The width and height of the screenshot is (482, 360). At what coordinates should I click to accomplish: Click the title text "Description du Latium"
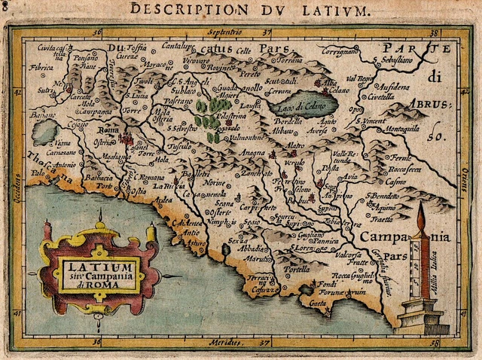coord(250,10)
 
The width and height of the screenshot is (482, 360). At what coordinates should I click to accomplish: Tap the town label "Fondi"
coord(325,284)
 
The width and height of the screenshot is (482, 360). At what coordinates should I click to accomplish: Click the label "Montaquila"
coord(402,129)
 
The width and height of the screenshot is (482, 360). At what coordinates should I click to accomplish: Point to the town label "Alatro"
coord(295,145)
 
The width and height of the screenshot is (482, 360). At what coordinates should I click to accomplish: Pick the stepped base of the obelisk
coord(421,317)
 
